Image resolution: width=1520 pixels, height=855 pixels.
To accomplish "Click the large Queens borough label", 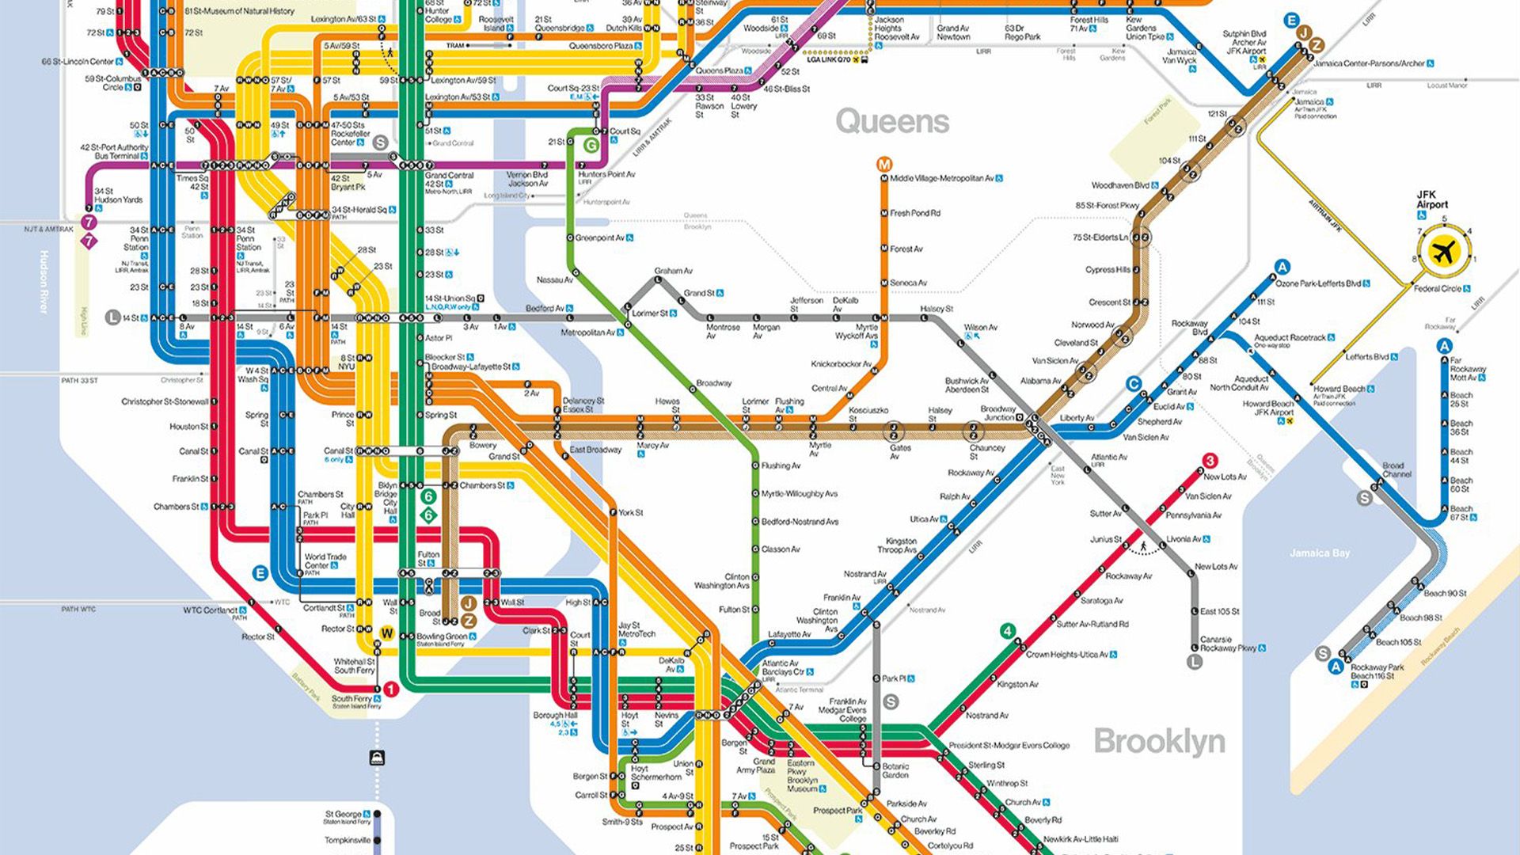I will [892, 121].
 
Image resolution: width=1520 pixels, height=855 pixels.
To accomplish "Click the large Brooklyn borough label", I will [1159, 742].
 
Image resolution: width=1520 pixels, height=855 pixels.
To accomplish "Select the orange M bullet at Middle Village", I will [884, 165].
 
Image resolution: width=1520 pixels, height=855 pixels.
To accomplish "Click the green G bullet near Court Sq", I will [591, 146].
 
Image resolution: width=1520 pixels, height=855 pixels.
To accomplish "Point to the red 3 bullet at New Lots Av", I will [1210, 461].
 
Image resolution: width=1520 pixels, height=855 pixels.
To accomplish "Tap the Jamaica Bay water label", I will [1319, 553].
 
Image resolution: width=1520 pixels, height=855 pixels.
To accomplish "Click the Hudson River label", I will [44, 281].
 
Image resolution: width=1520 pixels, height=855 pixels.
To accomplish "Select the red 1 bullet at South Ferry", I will [391, 690].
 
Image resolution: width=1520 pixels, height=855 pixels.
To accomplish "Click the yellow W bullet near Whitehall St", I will [387, 633].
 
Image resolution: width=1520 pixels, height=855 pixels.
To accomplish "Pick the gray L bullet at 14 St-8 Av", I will [113, 317].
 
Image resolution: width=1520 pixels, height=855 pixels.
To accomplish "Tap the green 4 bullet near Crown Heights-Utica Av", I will [1007, 631].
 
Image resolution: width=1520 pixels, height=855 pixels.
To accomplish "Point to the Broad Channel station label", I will [1396, 469].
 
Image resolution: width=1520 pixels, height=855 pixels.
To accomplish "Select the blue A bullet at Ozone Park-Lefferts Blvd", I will [1282, 267].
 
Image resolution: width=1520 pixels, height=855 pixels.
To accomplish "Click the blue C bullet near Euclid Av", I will [1134, 384].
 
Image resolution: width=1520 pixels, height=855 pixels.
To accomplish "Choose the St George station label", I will [343, 814].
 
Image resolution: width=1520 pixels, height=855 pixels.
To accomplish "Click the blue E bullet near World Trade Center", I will [260, 573].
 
